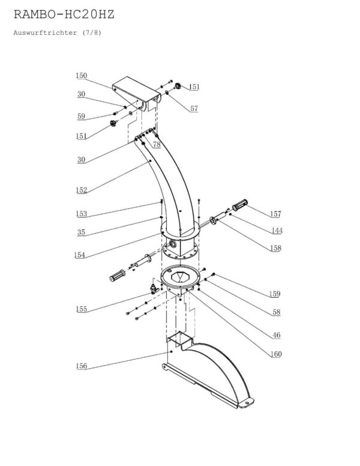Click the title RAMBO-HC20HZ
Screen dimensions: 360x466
pos(64,14)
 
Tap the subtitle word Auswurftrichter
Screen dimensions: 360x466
pos(45,32)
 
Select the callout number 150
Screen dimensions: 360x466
pos(82,76)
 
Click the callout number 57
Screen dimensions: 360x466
pos(194,109)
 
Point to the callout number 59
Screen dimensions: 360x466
pos(81,116)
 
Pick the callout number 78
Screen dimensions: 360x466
pos(157,145)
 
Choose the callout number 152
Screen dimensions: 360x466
pos(82,190)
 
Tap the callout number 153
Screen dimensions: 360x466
pos(82,214)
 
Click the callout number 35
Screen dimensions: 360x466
pos(81,232)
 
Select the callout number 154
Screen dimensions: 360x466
pos(80,255)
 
